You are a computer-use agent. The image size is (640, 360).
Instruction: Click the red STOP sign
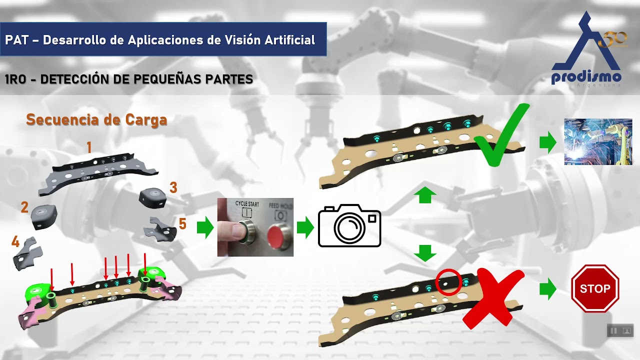(x=595, y=288)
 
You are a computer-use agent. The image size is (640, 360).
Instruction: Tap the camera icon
(x=349, y=225)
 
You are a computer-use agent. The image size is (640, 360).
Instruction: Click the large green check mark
(x=501, y=135)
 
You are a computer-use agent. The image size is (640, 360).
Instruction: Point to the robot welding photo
(x=598, y=141)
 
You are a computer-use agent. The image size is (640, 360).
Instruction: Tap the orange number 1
(x=89, y=147)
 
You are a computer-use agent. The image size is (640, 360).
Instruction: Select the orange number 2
(x=24, y=207)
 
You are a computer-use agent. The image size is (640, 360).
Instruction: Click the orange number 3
(x=173, y=187)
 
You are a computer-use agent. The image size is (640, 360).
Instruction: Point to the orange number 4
(x=15, y=242)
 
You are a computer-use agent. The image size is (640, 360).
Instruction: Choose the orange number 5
(x=182, y=223)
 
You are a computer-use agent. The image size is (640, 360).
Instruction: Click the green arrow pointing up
(x=425, y=195)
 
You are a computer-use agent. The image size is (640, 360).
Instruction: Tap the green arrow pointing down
(x=425, y=253)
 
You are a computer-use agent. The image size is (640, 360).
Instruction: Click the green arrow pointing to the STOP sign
(x=547, y=289)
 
